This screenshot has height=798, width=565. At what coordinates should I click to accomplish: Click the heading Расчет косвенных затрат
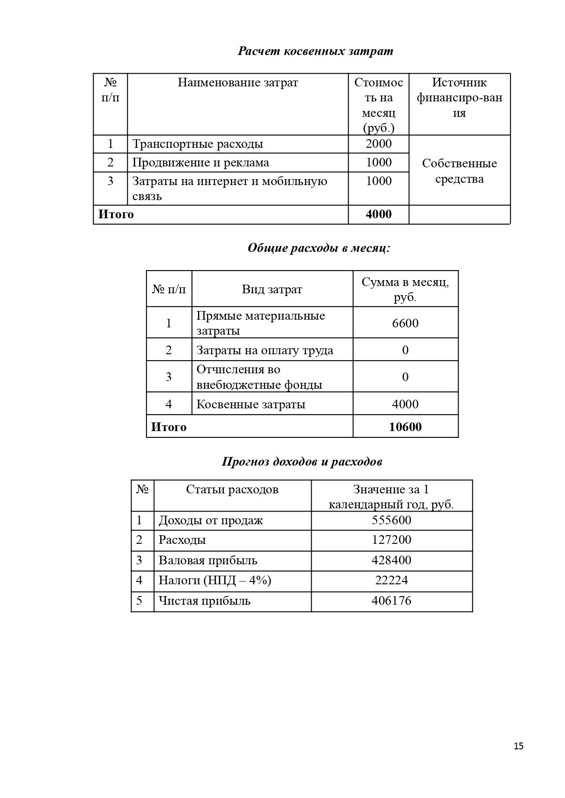[x=315, y=51]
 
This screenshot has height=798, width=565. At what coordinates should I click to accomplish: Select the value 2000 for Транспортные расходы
[x=378, y=144]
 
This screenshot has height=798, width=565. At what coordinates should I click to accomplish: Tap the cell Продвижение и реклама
[x=201, y=162]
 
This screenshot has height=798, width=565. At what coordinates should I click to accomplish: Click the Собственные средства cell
[x=459, y=171]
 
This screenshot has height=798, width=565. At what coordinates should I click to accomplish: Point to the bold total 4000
[x=378, y=214]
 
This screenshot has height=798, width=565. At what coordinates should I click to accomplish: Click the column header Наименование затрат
[x=237, y=83]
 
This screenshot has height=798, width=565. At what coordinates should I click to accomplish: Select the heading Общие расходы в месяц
[x=319, y=248]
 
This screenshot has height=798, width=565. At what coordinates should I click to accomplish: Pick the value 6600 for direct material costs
[x=405, y=323]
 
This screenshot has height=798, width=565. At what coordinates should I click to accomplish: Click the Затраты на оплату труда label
[x=265, y=350]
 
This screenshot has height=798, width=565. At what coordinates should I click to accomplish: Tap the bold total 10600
[x=405, y=427]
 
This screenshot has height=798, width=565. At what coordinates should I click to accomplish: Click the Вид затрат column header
[x=272, y=290]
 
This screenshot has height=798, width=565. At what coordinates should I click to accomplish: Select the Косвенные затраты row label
[x=251, y=404]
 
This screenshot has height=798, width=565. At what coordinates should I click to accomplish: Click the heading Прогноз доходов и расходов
[x=302, y=462]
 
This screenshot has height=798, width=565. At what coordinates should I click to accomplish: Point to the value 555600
[x=391, y=520]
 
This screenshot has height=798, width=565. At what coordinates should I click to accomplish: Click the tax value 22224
[x=391, y=580]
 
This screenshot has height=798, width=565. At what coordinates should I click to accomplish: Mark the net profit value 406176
[x=391, y=601]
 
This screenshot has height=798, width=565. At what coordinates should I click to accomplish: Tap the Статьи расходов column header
[x=232, y=489]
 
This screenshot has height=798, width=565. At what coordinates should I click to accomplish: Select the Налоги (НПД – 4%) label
[x=215, y=580]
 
